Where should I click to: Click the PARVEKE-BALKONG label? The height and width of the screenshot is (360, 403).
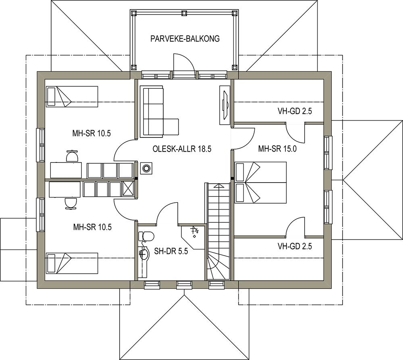(185, 39)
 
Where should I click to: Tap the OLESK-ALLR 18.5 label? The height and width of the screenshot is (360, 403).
(182, 149)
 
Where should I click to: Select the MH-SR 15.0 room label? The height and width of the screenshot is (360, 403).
(277, 149)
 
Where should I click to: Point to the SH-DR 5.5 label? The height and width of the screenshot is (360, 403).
(171, 251)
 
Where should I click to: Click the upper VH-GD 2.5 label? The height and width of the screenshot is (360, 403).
(295, 111)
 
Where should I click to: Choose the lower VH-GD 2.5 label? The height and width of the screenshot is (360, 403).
(295, 246)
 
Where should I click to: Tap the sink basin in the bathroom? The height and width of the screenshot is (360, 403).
(144, 254)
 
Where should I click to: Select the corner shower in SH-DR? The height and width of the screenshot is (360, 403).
(193, 237)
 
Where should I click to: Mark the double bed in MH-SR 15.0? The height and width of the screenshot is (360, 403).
(261, 183)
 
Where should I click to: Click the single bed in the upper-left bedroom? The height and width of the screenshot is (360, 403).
(72, 96)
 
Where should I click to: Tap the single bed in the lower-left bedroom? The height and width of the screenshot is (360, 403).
(72, 263)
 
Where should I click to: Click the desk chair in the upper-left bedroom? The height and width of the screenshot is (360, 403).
(72, 156)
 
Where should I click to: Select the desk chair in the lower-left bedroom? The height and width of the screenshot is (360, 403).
(71, 204)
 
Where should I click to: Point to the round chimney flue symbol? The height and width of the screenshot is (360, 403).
(146, 169)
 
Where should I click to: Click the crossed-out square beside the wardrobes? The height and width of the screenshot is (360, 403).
(129, 189)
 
